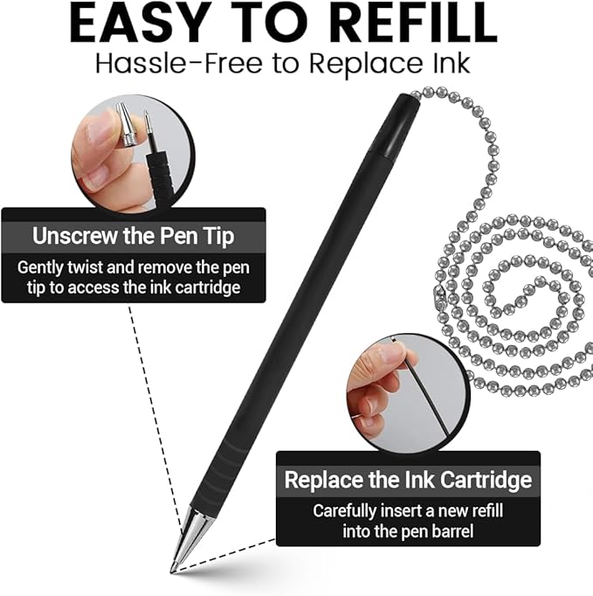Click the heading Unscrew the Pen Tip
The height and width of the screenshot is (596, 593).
[x=133, y=235]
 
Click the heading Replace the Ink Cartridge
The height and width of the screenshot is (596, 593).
[x=408, y=479]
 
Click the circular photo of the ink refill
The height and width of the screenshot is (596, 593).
[x=406, y=389]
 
